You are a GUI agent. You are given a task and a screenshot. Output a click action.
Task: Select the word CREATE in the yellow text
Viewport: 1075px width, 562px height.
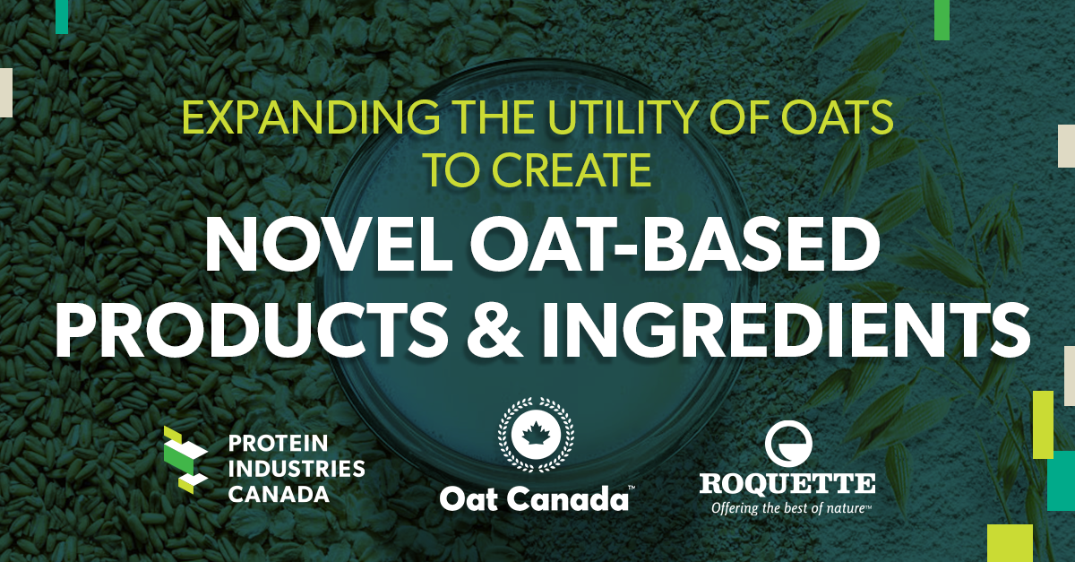pyautogui.click(x=572, y=169)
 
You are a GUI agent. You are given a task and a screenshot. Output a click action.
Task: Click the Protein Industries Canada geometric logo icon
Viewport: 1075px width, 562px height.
pyautogui.click(x=185, y=460)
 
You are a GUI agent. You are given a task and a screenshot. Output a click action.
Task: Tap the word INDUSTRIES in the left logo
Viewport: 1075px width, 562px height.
pyautogui.click(x=297, y=470)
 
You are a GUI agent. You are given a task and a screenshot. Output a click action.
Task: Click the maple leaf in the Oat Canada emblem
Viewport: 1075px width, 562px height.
pyautogui.click(x=536, y=434)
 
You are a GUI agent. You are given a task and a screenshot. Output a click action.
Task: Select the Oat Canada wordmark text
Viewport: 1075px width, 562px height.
pyautogui.click(x=534, y=498)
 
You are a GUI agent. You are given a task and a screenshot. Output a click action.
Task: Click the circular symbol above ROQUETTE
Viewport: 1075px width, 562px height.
pyautogui.click(x=788, y=444)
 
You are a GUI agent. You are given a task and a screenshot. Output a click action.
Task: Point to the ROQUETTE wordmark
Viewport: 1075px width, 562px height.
pyautogui.click(x=787, y=483)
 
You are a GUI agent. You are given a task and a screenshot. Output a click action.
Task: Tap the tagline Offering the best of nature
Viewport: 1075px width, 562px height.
pyautogui.click(x=791, y=507)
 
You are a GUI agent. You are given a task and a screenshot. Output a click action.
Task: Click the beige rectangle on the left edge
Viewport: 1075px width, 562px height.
pyautogui.click(x=5, y=92)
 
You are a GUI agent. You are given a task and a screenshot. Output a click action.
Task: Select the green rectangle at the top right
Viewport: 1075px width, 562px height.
pyautogui.click(x=942, y=21)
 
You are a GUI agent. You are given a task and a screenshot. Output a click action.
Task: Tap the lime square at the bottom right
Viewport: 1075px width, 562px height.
pyautogui.click(x=1010, y=543)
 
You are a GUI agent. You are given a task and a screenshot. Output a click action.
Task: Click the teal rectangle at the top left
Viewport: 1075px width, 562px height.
pyautogui.click(x=62, y=17)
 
